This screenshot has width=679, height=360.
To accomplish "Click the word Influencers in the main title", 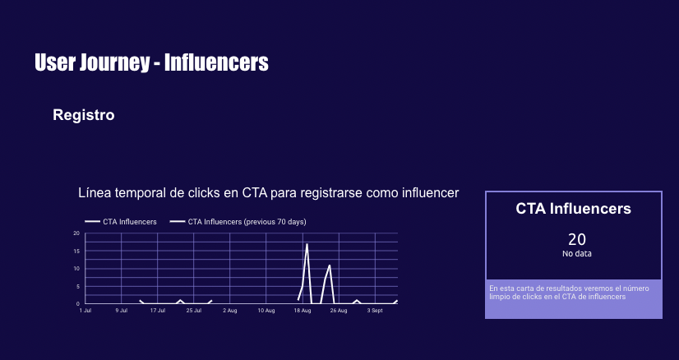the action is click(216, 62).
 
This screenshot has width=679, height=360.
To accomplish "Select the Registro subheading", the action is click(84, 115).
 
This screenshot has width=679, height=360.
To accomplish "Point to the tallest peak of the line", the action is click(307, 244).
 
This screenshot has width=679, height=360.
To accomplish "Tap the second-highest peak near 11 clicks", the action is click(330, 265).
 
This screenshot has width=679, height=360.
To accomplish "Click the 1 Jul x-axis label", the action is click(85, 311).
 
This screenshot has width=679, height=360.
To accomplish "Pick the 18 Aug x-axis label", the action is click(303, 311).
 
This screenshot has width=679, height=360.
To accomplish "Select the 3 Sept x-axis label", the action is click(375, 311).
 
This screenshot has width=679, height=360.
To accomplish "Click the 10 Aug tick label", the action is click(266, 311).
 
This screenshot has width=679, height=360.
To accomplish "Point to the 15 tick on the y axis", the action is click(76, 251).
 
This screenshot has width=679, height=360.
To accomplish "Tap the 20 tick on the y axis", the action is click(76, 233).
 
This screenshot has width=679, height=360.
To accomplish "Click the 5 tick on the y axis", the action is click(78, 286).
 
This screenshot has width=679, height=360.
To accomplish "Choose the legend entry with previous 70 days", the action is click(238, 222).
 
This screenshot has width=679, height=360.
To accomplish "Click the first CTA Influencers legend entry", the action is click(121, 222).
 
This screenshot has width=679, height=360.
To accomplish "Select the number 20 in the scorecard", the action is click(577, 239).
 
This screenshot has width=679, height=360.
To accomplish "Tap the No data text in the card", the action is click(577, 253).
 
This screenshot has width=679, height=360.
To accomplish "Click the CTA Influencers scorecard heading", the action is click(573, 209).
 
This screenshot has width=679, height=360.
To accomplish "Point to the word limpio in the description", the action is click(499, 297).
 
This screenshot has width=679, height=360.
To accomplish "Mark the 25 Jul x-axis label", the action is click(193, 311).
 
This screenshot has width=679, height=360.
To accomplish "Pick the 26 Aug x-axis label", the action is click(339, 311).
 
